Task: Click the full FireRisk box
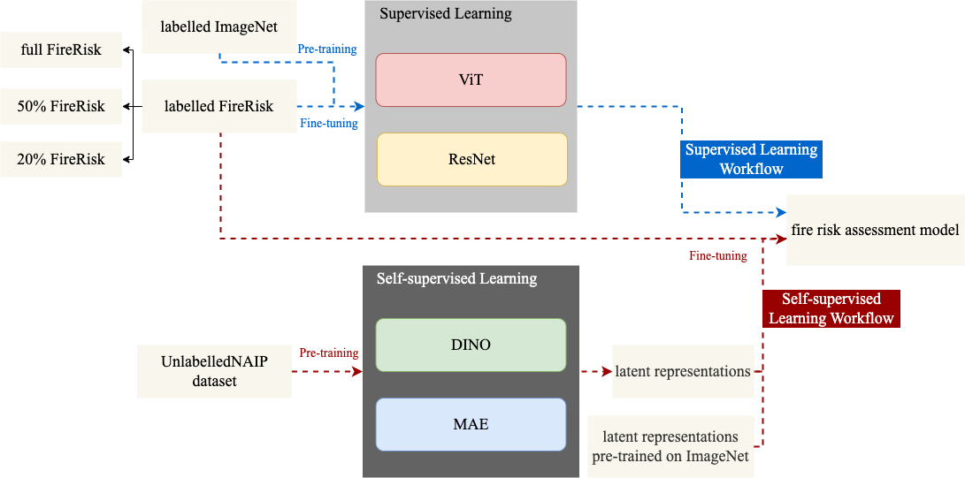(61, 50)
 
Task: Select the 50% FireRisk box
(61, 106)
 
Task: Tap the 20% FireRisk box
(61, 160)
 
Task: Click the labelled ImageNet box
(218, 27)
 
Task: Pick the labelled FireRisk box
(218, 107)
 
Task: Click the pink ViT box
(471, 80)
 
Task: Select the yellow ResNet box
(471, 160)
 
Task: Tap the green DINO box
(471, 345)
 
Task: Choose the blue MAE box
(471, 424)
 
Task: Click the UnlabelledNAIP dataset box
(214, 372)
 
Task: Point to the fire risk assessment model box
(875, 231)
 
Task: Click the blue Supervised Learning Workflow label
(751, 160)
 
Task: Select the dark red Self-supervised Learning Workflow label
(831, 309)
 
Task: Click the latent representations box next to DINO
(683, 372)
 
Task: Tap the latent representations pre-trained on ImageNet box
(670, 446)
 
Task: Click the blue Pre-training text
(326, 49)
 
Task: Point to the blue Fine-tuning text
(328, 124)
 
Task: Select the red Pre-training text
(328, 353)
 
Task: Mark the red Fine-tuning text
(717, 256)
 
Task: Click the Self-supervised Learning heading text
(456, 279)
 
